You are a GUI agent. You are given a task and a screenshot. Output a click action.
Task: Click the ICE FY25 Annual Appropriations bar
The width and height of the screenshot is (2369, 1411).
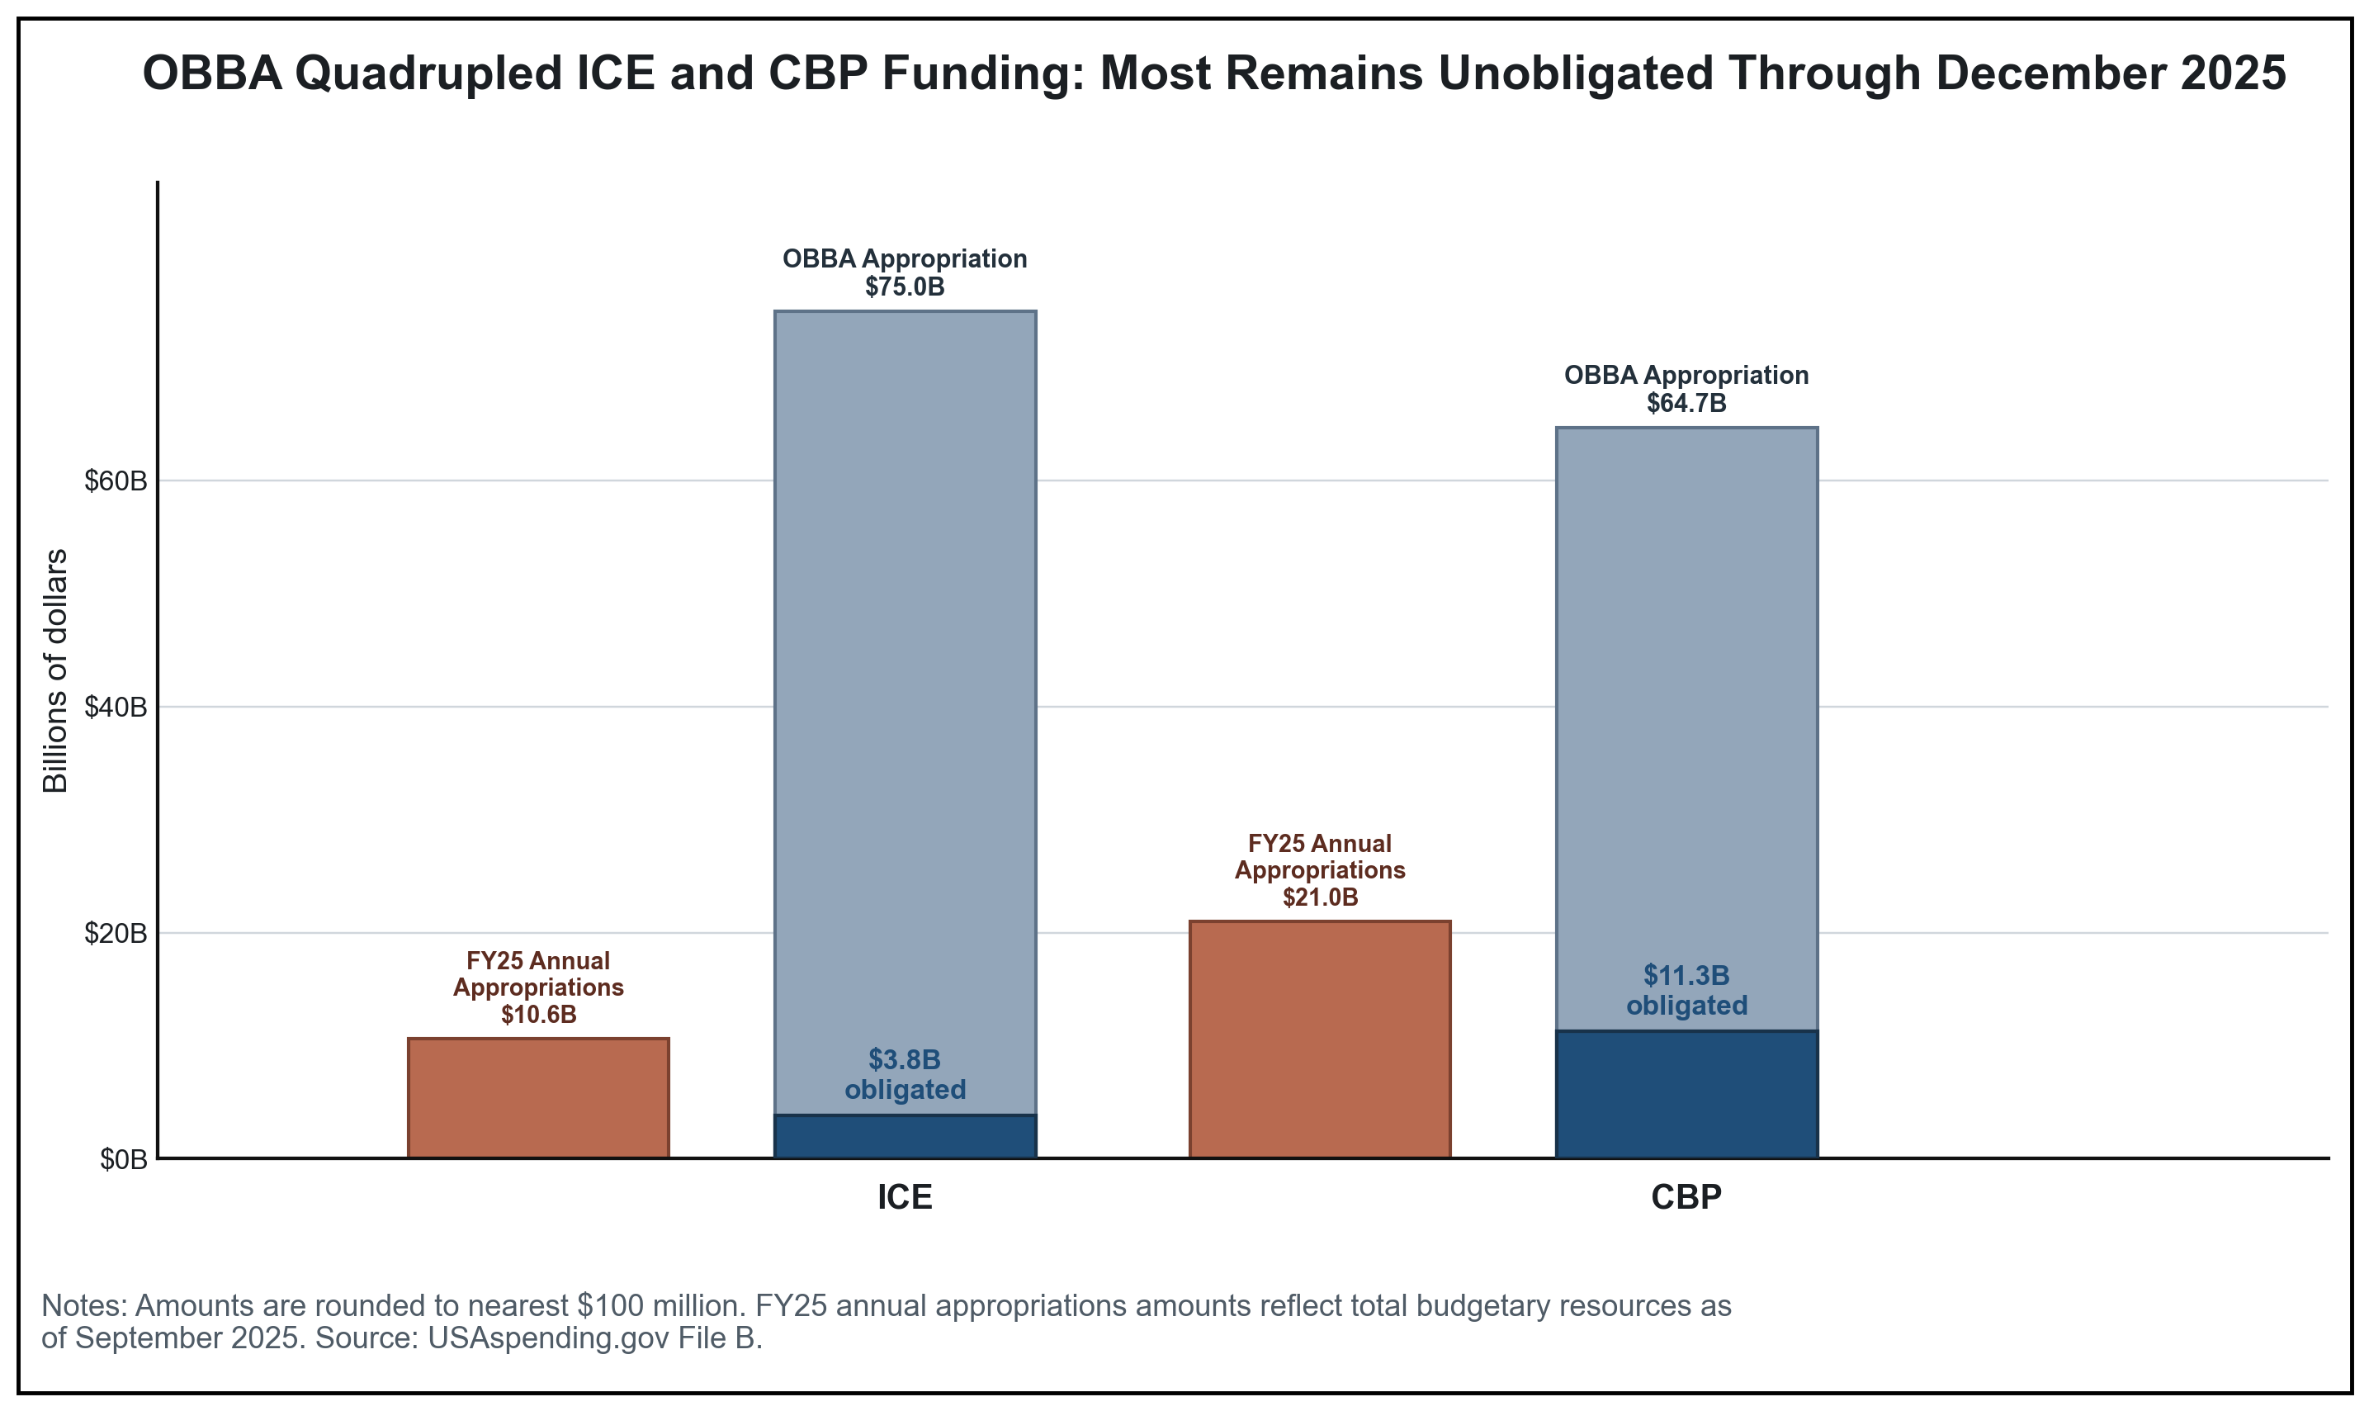tap(538, 1098)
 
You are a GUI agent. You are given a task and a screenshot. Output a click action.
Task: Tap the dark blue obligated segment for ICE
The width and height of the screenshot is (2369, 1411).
tap(904, 1136)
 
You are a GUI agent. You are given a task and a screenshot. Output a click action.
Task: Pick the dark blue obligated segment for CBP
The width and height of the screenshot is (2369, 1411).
tap(1686, 1095)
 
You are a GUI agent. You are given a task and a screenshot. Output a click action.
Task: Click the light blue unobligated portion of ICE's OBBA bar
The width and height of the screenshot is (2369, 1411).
tap(904, 665)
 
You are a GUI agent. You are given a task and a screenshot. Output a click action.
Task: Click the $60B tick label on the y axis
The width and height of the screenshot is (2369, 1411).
tap(116, 481)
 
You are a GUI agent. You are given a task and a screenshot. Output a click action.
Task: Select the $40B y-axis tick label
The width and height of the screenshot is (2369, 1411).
tap(116, 708)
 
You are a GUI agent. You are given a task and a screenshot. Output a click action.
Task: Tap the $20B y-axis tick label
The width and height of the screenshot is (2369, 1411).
tap(116, 934)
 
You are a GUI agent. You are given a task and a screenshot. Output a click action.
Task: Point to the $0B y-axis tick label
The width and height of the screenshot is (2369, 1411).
tap(124, 1160)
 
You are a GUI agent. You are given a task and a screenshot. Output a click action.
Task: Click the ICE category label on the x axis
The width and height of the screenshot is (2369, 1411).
tap(904, 1197)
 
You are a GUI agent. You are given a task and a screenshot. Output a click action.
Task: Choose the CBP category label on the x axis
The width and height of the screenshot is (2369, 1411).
tap(1686, 1197)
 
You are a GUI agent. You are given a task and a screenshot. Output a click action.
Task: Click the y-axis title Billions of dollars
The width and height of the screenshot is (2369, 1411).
tap(56, 670)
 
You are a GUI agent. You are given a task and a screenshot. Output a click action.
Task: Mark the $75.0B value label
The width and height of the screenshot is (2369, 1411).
tap(904, 287)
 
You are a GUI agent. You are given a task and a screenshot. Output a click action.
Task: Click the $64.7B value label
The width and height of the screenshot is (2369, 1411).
tap(1686, 403)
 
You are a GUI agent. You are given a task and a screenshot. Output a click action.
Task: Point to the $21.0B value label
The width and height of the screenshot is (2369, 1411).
tap(1320, 897)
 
